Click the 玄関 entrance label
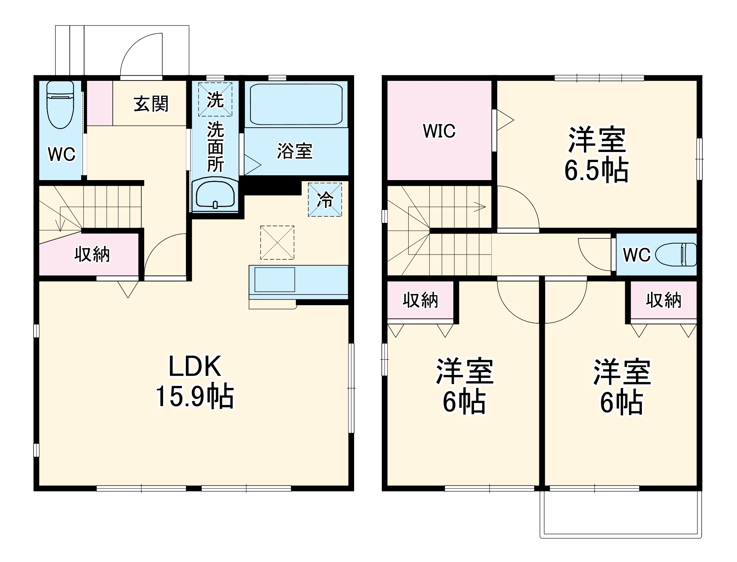point(151,104)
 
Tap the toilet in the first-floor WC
point(60,105)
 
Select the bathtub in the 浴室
point(296,104)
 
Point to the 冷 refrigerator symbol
point(325,200)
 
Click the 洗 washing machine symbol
point(215,99)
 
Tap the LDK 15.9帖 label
point(195,382)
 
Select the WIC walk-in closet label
point(439,131)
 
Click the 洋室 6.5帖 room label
point(596,155)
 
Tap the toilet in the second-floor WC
point(676,255)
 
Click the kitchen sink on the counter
point(275,280)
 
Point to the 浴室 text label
point(295,151)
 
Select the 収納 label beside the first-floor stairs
point(92,254)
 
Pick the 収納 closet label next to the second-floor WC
point(663,300)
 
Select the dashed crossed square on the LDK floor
point(277,242)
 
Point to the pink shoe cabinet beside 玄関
point(100,103)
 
